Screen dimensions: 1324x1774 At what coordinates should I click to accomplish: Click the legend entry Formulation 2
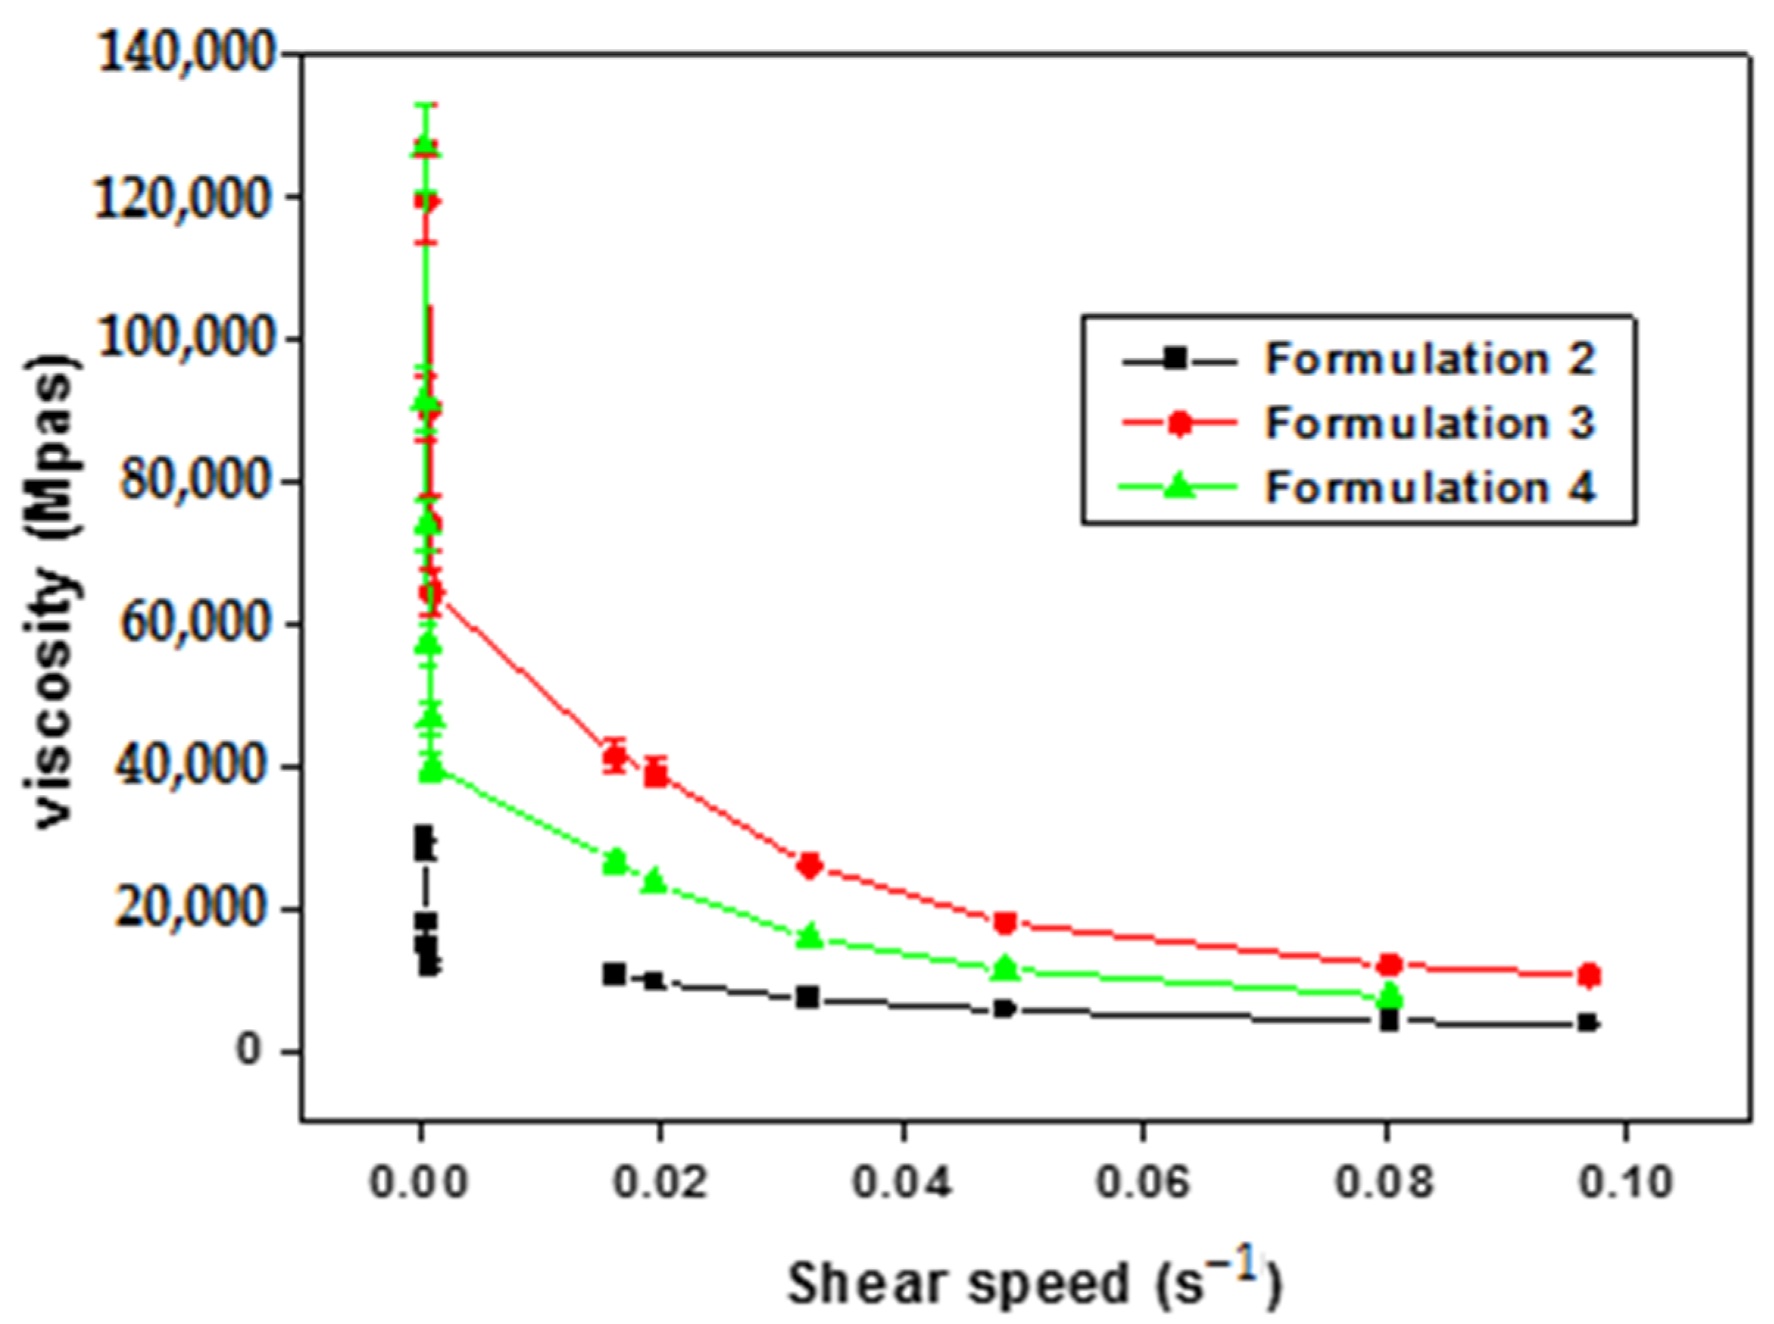(1430, 358)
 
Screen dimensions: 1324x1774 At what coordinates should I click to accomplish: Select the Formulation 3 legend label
(1430, 422)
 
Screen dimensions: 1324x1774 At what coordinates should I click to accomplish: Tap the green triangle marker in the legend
(1177, 485)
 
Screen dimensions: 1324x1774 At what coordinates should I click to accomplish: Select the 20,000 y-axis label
(197, 910)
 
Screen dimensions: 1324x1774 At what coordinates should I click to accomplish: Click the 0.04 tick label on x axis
(902, 1182)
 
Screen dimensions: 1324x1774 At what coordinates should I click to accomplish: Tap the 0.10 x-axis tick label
(1625, 1182)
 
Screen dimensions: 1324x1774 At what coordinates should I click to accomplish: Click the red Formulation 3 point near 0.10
(1589, 975)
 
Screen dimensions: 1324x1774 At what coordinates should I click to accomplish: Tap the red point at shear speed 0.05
(1005, 923)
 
